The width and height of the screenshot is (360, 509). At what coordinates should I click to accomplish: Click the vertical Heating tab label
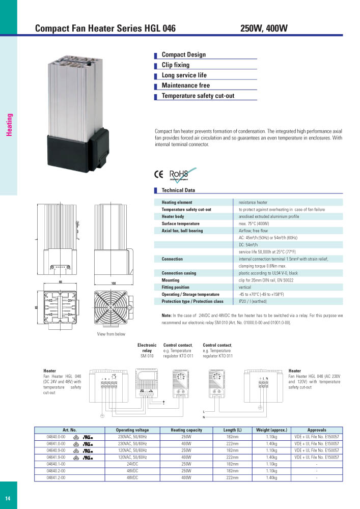click(x=9, y=125)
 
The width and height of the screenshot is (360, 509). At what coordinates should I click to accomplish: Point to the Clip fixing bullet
click(x=175, y=65)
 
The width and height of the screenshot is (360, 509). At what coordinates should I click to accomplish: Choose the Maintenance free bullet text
click(x=185, y=86)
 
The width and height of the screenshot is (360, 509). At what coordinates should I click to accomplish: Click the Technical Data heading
click(x=178, y=190)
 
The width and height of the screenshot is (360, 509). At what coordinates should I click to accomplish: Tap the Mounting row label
click(x=171, y=280)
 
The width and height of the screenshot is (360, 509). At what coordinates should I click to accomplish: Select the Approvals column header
click(x=317, y=430)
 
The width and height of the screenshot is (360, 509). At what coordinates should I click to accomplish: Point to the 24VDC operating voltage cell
click(x=132, y=464)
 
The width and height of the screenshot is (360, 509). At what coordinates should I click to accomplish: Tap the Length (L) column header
click(x=232, y=430)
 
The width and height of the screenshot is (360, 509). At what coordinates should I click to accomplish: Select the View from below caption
click(x=111, y=334)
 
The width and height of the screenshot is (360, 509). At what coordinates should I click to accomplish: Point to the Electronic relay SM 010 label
click(x=147, y=350)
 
